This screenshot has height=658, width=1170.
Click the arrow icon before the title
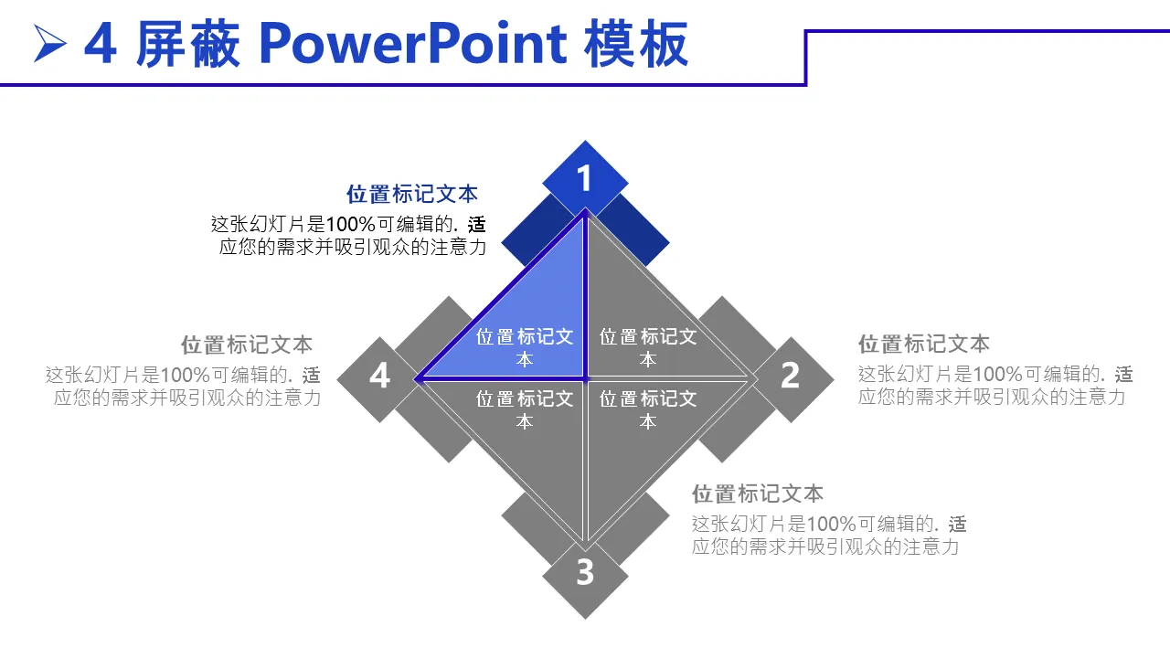pyautogui.click(x=48, y=43)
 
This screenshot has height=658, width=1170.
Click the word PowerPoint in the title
pyautogui.click(x=412, y=44)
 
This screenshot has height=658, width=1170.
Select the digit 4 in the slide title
pyautogui.click(x=100, y=44)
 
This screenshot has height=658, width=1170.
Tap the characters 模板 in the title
pyautogui.click(x=635, y=44)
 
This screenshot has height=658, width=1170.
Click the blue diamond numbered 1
pyautogui.click(x=585, y=178)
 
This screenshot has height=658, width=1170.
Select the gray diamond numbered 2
pyautogui.click(x=791, y=379)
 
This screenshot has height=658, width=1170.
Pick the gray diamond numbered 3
pyautogui.click(x=585, y=576)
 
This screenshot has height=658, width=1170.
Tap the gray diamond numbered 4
pyautogui.click(x=379, y=379)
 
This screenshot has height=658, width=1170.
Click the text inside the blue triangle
pyautogui.click(x=525, y=348)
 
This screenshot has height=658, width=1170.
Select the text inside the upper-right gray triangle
pyautogui.click(x=648, y=348)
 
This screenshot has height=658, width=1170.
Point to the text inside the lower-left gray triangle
pyautogui.click(x=525, y=410)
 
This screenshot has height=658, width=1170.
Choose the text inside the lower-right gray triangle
pyautogui.click(x=648, y=410)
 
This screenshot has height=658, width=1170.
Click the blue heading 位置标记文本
pyautogui.click(x=412, y=195)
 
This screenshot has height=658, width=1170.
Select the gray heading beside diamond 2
pyautogui.click(x=924, y=345)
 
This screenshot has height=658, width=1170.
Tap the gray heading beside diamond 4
pyautogui.click(x=247, y=345)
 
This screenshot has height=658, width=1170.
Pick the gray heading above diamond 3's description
pyautogui.click(x=758, y=494)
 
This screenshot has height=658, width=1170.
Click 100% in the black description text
pyautogui.click(x=350, y=225)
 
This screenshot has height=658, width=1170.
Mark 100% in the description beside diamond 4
pyautogui.click(x=185, y=375)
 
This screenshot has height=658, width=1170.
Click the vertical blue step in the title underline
pyautogui.click(x=806, y=58)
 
